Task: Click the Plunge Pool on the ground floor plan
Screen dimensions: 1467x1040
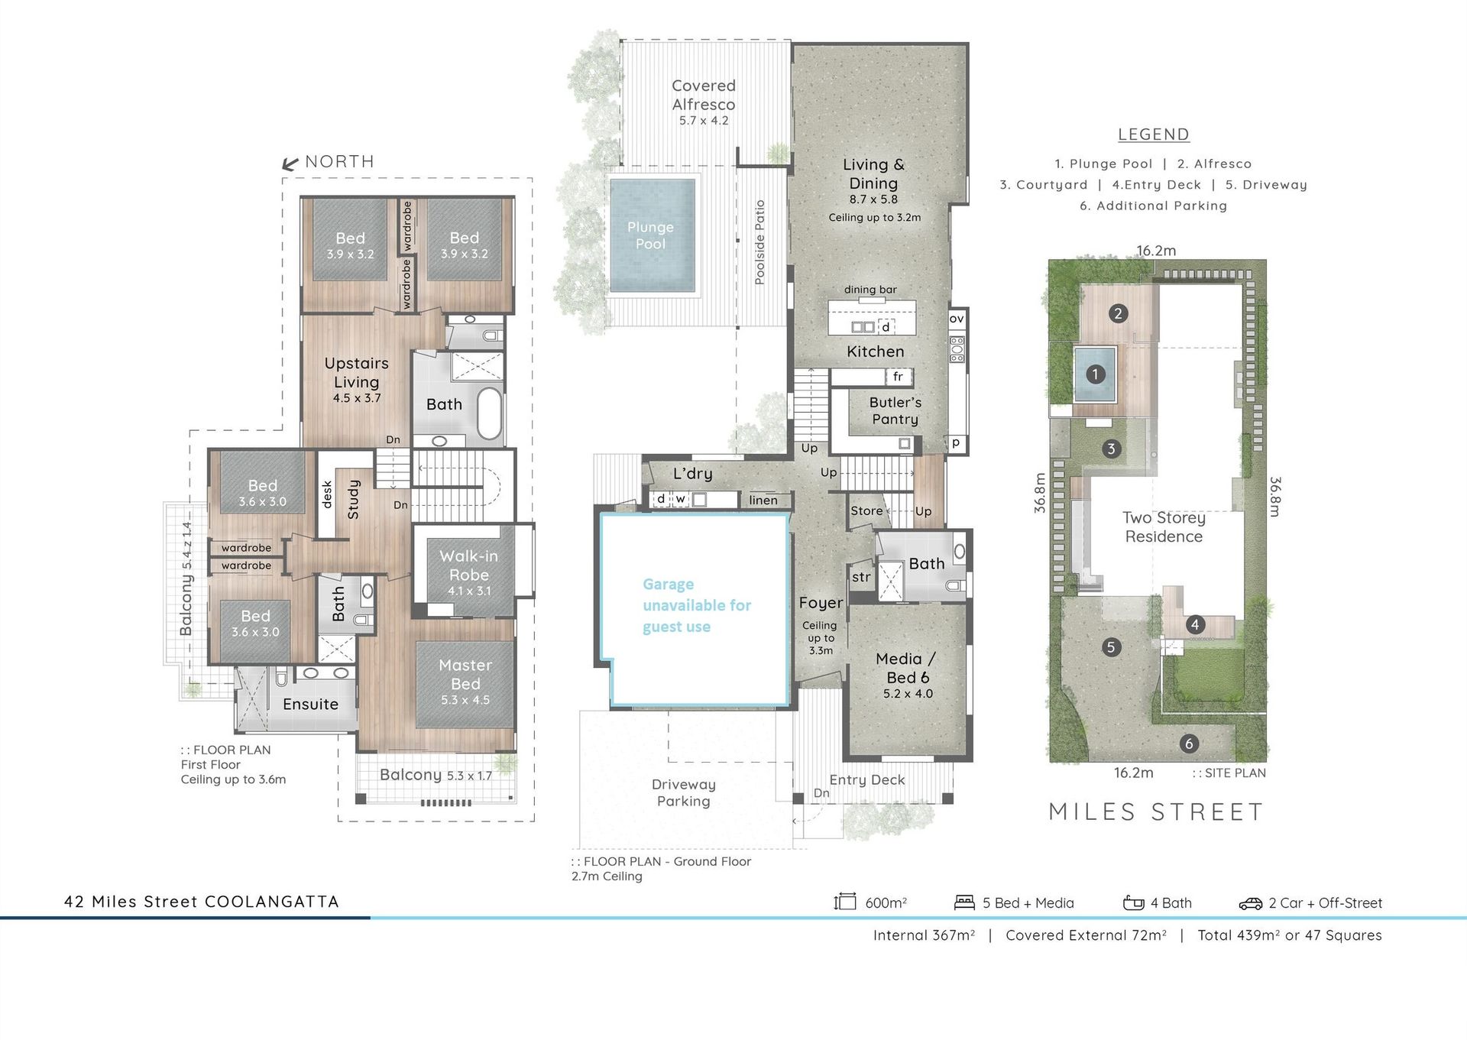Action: point(652,235)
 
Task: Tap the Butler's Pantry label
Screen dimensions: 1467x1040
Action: point(895,410)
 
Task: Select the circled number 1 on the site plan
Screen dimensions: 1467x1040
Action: point(1096,374)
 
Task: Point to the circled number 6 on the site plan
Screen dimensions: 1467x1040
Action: point(1188,744)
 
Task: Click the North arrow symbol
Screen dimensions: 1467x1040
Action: point(290,163)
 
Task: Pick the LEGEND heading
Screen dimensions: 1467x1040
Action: point(1154,134)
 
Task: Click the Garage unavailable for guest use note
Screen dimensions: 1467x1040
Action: point(697,605)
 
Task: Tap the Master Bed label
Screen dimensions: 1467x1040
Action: point(465,674)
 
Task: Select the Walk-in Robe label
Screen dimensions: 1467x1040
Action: point(469,565)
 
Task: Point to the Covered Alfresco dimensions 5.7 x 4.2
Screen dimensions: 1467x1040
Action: point(704,121)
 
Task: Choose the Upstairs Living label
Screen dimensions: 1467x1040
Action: point(357,372)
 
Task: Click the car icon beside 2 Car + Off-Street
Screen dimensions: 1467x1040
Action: point(1251,904)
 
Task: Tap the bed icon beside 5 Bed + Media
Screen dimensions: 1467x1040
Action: point(965,902)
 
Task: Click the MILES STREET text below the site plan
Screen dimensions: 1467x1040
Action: point(1157,812)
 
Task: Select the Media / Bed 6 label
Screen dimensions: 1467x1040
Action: point(907,668)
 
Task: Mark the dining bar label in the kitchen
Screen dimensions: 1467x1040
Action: point(870,290)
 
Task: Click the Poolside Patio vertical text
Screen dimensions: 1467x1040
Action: point(759,242)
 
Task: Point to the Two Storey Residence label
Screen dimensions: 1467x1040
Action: point(1164,527)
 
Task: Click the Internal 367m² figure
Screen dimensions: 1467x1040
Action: point(924,935)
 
